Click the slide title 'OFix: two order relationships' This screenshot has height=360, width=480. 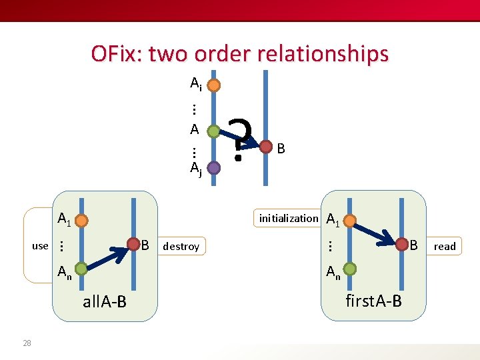(239, 53)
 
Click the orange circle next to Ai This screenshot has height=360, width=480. (214, 85)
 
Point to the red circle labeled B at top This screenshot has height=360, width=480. (266, 146)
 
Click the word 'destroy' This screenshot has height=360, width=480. (181, 247)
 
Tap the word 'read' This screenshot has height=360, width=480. (445, 247)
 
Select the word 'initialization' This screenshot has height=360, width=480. (289, 218)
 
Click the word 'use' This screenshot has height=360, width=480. (40, 246)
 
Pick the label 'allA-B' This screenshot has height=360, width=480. (104, 302)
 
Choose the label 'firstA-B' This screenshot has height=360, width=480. (373, 301)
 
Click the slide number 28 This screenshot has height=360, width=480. (27, 343)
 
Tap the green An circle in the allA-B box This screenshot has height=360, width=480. (81, 269)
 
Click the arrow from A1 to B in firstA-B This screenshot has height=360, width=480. (374, 233)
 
